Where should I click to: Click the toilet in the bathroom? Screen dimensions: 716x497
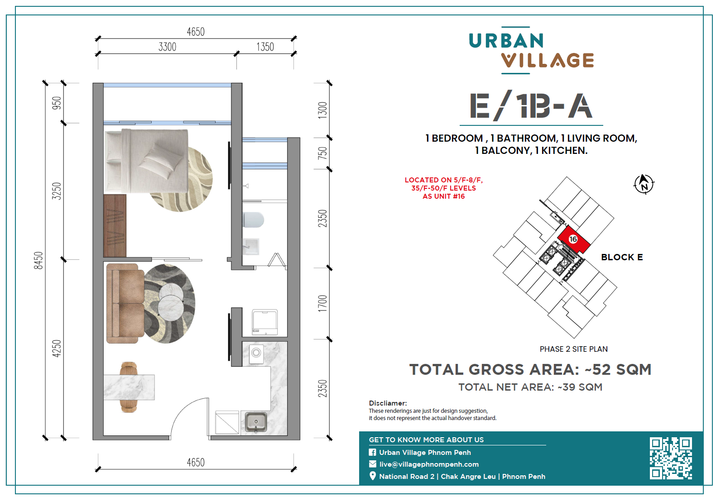(253, 220)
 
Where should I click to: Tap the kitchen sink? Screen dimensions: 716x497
(256, 422)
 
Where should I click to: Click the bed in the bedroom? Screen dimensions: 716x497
(146, 161)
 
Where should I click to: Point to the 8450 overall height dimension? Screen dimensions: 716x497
(38, 260)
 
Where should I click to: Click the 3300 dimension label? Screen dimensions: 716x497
(168, 47)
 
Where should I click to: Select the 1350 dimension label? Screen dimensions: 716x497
(265, 47)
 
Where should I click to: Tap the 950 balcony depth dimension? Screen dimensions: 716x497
(57, 103)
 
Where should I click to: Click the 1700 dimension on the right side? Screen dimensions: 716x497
(322, 303)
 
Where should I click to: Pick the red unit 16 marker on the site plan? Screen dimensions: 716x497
(574, 239)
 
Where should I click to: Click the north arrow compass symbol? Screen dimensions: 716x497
(644, 184)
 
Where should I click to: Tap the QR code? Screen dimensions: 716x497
(671, 458)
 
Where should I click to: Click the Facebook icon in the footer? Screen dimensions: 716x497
(372, 452)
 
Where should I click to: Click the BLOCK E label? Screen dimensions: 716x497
(622, 257)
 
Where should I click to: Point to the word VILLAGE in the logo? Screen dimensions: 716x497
(548, 60)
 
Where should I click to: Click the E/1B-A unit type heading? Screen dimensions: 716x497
(531, 106)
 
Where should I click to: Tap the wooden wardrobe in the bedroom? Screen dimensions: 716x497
(115, 225)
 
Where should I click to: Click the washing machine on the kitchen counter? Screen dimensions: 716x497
(256, 353)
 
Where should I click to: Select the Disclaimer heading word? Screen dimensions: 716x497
(388, 403)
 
